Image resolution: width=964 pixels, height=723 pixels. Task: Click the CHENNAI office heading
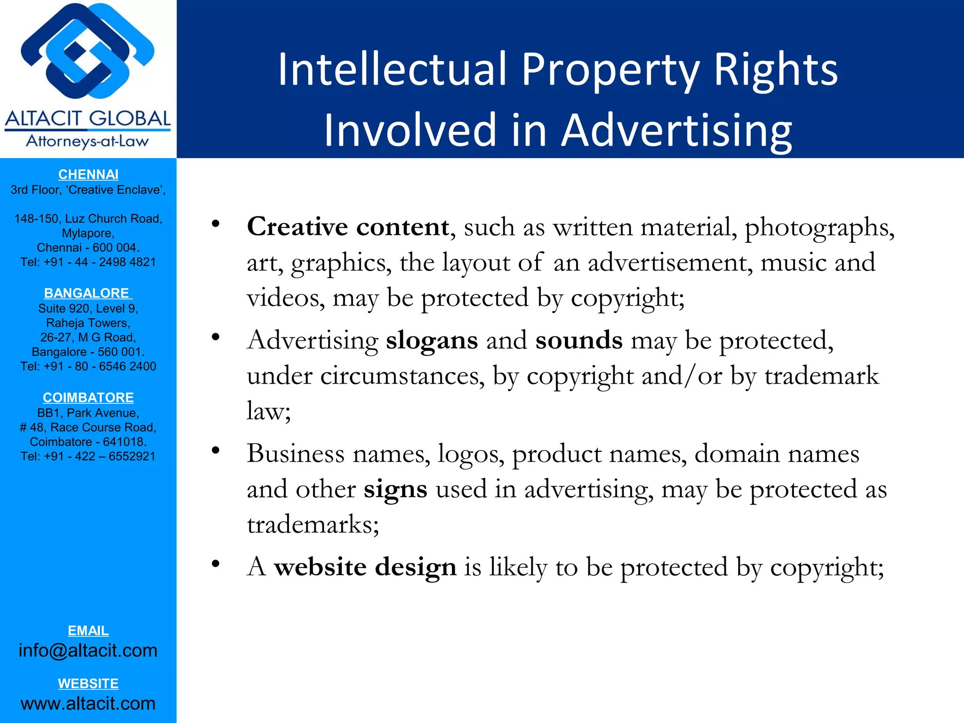pos(88,175)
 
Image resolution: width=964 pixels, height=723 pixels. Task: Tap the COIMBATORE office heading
pos(88,398)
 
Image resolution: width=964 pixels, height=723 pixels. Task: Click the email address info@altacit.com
pos(88,651)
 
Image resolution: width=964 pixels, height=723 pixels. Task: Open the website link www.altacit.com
pos(88,703)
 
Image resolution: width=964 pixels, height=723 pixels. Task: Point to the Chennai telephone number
pos(88,262)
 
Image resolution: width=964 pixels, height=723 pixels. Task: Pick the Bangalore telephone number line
pos(88,366)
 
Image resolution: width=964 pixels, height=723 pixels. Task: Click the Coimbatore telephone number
pos(88,456)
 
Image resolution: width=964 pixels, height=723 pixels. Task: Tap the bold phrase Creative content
pos(348,227)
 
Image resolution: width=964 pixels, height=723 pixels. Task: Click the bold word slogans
pos(432,340)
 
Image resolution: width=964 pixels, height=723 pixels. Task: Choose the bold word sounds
pos(578,340)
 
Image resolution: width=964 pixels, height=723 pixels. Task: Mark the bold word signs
pos(395,489)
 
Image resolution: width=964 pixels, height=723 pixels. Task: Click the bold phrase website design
pos(365,567)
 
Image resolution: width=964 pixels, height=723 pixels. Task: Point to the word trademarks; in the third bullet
pos(313,524)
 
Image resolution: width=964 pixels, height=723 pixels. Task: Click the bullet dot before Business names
pos(216,451)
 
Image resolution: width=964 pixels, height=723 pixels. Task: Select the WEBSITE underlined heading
pos(88,683)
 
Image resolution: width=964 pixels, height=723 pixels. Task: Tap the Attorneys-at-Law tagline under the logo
pos(88,141)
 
